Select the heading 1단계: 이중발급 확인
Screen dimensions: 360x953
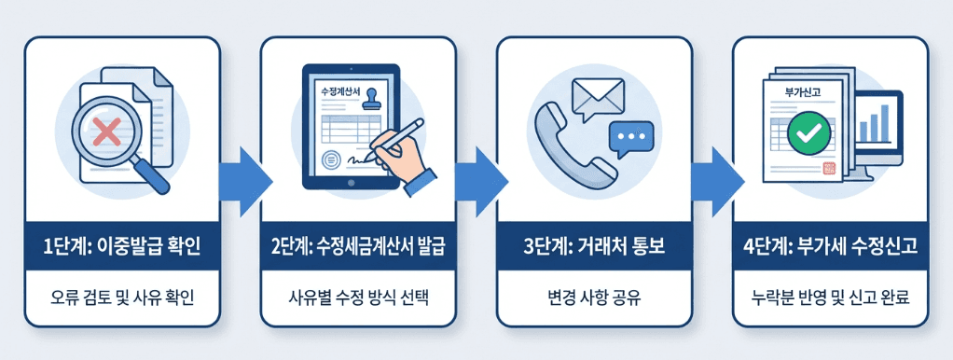coord(122,246)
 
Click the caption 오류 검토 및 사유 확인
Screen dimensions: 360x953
coord(122,299)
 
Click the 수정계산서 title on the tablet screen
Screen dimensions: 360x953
coord(338,93)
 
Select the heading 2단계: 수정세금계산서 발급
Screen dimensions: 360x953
coord(357,246)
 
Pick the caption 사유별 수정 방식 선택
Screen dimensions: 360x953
coord(357,299)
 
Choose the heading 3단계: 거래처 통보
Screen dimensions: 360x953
coord(593,246)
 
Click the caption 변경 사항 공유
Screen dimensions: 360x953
coord(593,299)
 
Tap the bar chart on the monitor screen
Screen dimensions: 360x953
coord(873,124)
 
